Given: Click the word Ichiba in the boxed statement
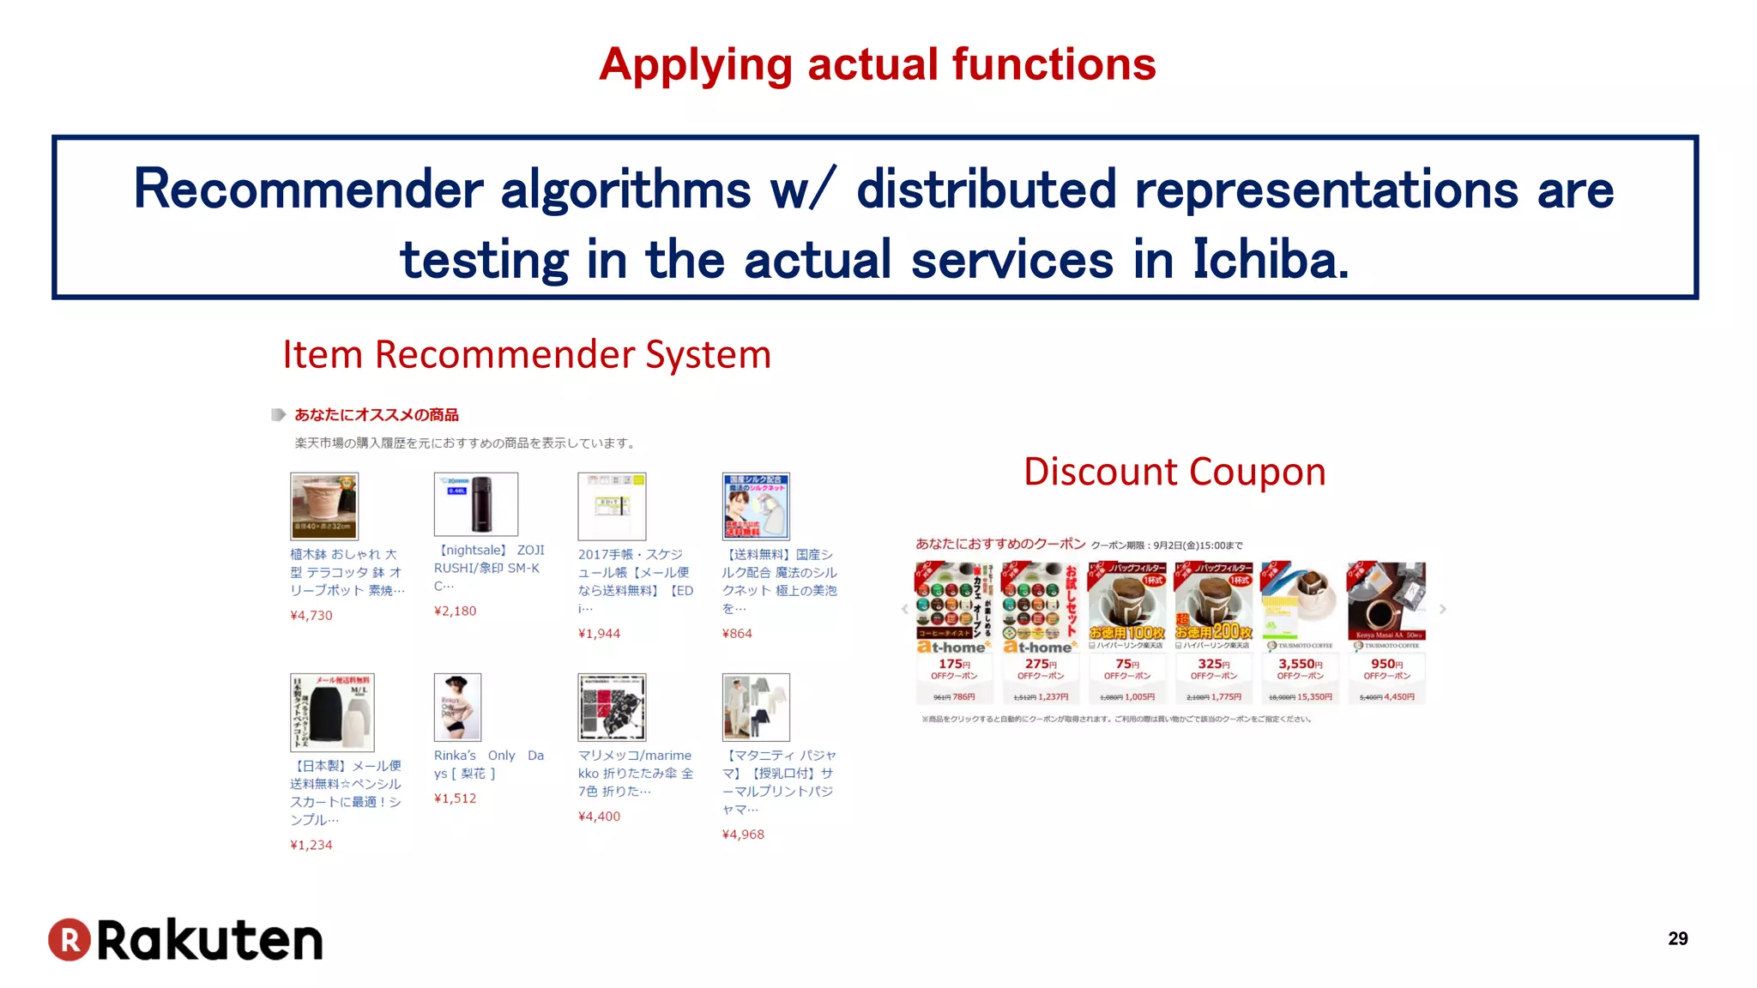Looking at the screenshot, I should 1270,259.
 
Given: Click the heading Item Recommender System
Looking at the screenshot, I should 527,354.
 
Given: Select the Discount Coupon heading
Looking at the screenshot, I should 1174,472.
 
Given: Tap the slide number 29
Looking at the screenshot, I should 1677,938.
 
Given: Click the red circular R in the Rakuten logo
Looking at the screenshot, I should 69,939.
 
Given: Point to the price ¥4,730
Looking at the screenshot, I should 311,615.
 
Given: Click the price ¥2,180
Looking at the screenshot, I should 455,611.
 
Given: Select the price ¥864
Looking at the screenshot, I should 737,633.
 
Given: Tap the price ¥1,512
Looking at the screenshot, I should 455,798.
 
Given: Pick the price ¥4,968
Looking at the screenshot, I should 743,834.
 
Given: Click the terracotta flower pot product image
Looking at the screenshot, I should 323,505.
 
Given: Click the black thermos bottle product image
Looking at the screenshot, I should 476,504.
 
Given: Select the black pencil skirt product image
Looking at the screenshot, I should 332,711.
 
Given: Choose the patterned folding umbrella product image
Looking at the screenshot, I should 612,707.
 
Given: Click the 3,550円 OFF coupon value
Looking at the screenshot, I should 1300,664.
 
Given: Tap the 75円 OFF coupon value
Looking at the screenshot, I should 1126,664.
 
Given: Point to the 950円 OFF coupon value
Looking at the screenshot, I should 1386,664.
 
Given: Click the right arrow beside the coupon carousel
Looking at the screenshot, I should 1443,609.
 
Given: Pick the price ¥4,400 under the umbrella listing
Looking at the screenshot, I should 599,816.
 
